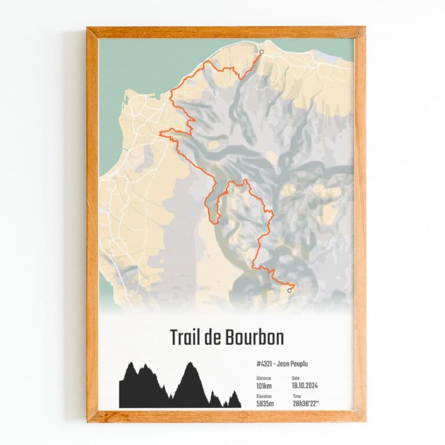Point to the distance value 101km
pos(264,385)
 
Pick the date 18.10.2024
pos(305,385)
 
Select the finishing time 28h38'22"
pos(309,403)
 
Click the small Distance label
pos(264,378)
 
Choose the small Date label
pos(297,378)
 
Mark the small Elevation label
pos(264,396)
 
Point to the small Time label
pos(297,396)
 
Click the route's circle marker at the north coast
pos(261,52)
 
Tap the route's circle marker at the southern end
pos(289,291)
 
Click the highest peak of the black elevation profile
pos(189,363)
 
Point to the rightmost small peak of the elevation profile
pos(234,392)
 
